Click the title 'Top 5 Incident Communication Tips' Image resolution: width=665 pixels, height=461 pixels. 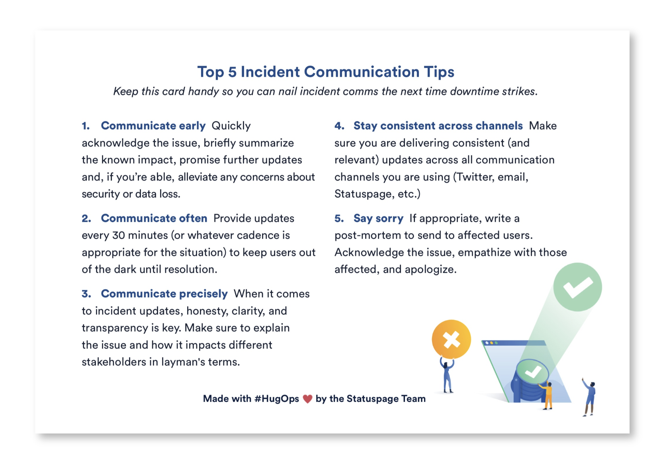point(326,72)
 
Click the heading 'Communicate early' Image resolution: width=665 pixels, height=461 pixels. point(153,126)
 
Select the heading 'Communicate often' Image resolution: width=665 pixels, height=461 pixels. point(154,218)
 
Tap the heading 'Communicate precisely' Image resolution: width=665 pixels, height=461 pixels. point(164,294)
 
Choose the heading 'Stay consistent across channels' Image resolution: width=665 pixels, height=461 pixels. point(438,126)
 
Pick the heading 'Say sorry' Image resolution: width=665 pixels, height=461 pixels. point(378,218)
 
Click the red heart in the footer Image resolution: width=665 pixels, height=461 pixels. point(307,399)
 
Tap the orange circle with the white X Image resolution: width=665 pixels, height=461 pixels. point(451,339)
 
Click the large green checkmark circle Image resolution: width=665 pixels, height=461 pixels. point(577,287)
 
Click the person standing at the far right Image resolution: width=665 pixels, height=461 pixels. point(590,397)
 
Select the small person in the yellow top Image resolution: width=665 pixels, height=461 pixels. point(548,395)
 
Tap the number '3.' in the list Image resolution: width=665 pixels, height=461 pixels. point(86,294)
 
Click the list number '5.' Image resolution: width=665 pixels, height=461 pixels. point(339,219)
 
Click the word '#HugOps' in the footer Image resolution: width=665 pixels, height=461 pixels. point(276,399)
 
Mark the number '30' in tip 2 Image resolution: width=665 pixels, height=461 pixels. point(119,235)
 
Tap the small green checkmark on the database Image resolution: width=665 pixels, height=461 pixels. point(532,372)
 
